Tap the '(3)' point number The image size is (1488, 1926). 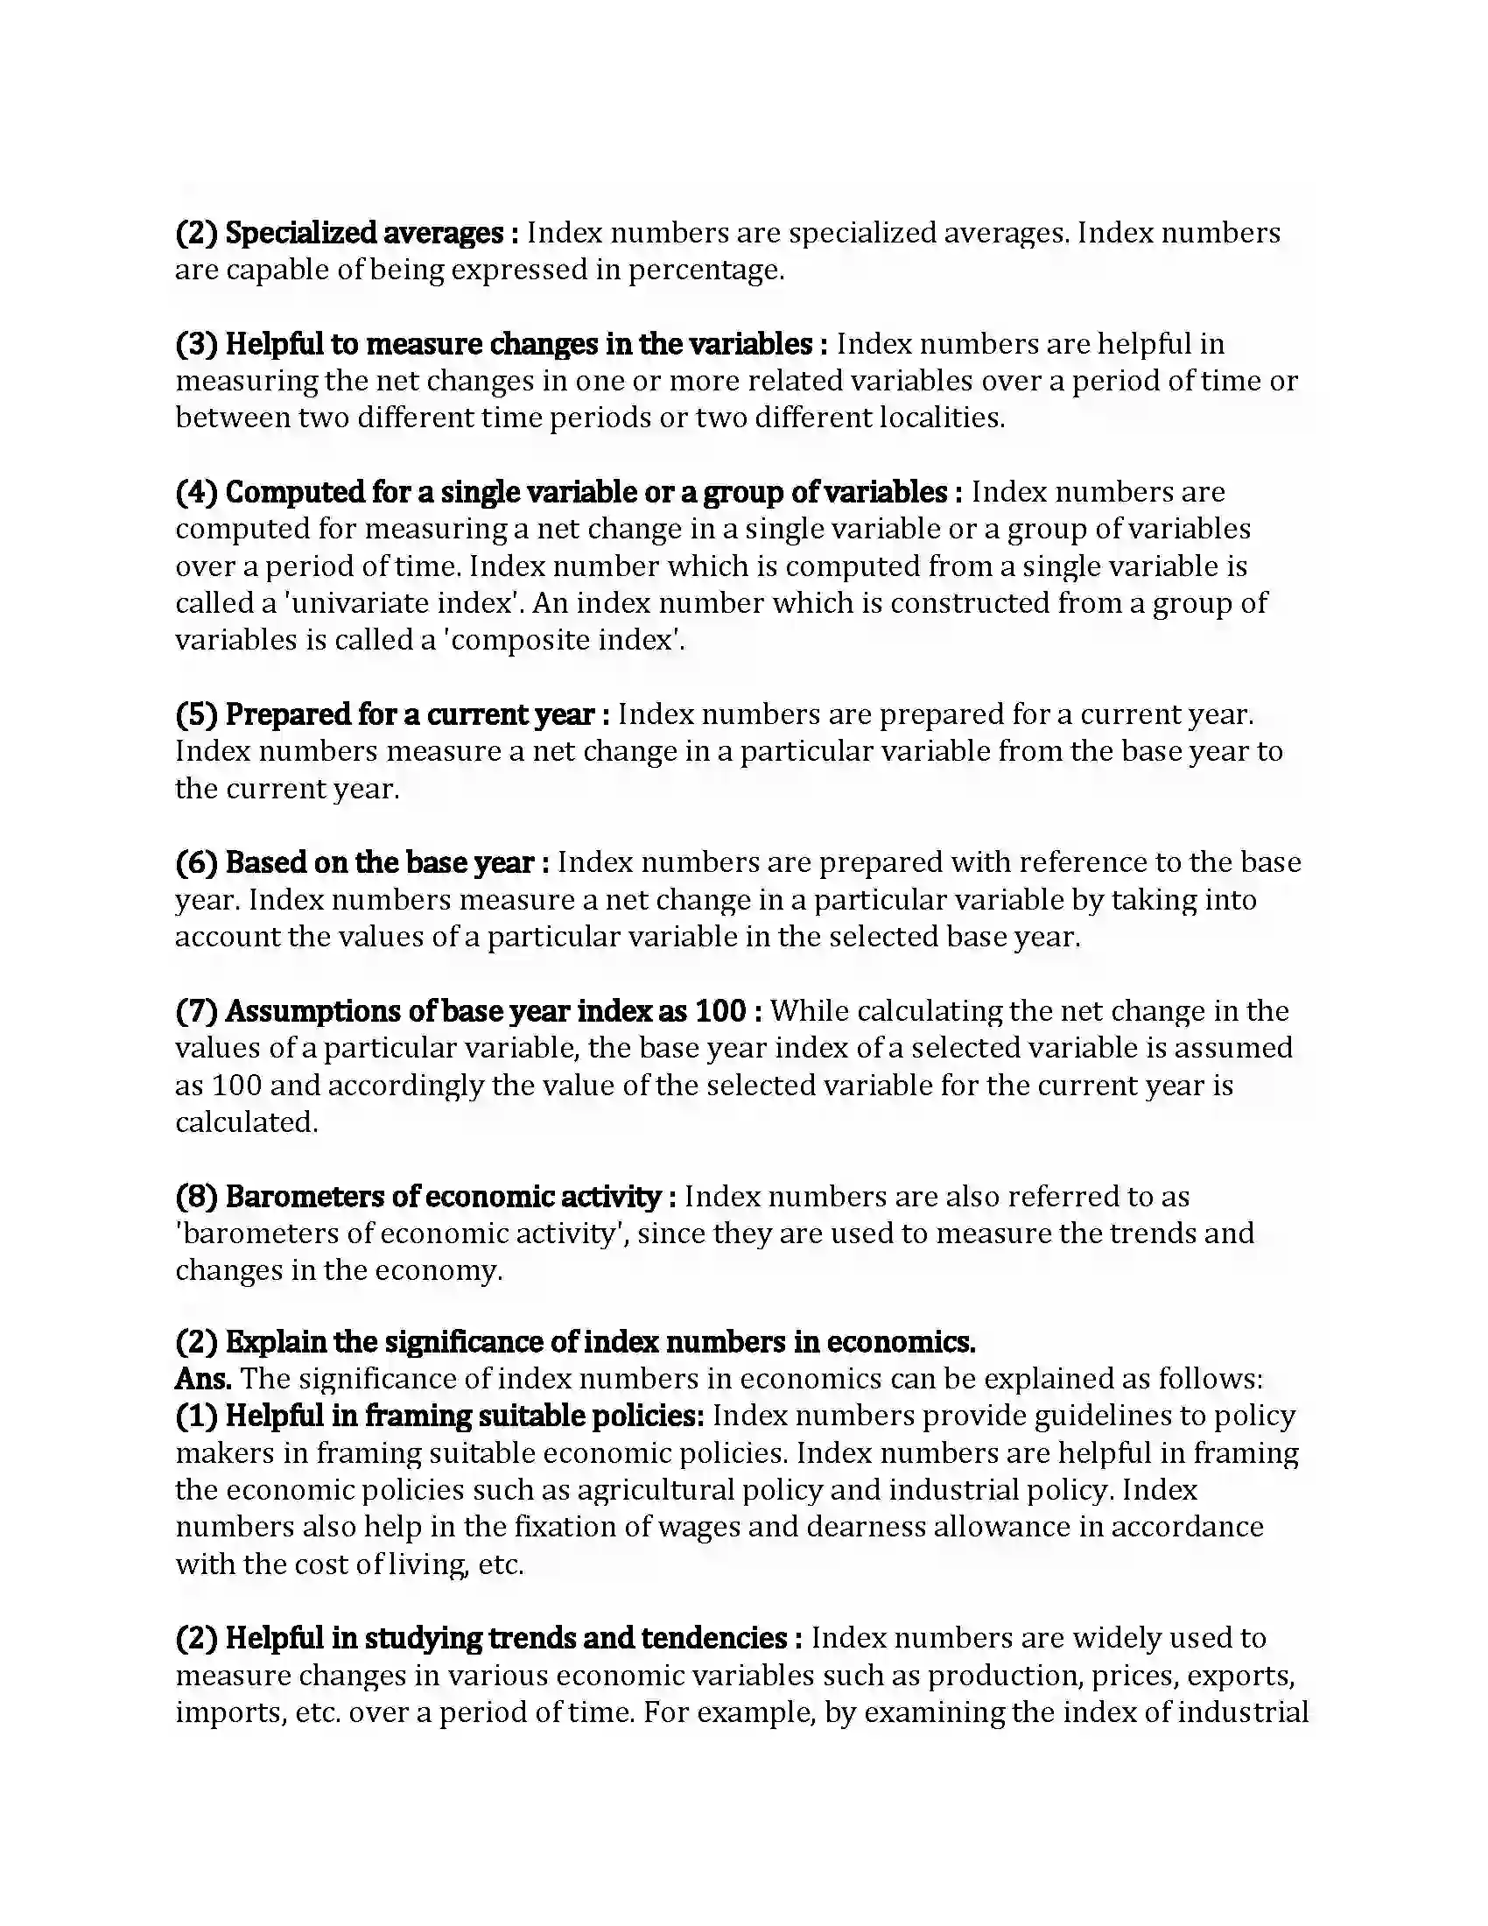point(197,344)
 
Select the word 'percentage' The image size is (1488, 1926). point(705,270)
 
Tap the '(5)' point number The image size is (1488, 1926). point(197,714)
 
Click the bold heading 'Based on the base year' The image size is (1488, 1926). point(379,862)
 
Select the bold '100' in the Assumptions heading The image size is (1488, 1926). point(720,1010)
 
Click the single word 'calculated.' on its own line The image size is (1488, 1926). point(246,1121)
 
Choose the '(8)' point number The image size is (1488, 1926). point(197,1197)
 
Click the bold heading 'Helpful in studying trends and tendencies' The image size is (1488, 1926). point(506,1638)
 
